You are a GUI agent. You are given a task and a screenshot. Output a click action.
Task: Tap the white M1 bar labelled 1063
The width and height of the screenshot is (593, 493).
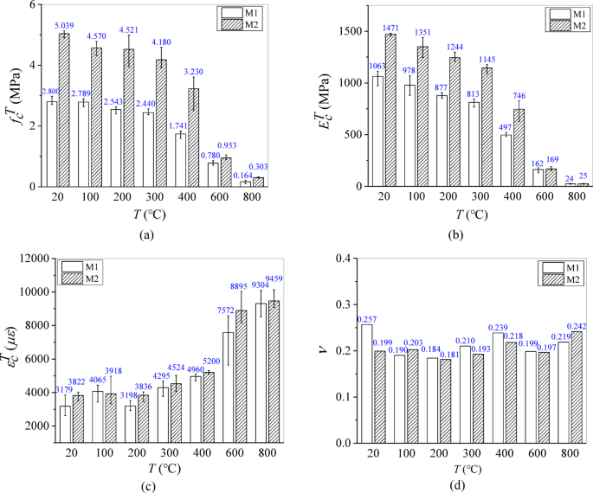tap(377, 131)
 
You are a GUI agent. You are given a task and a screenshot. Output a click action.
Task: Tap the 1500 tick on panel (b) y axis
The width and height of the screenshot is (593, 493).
tap(343, 31)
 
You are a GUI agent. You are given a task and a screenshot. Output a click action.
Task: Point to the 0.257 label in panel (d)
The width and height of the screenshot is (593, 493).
tap(372, 319)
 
